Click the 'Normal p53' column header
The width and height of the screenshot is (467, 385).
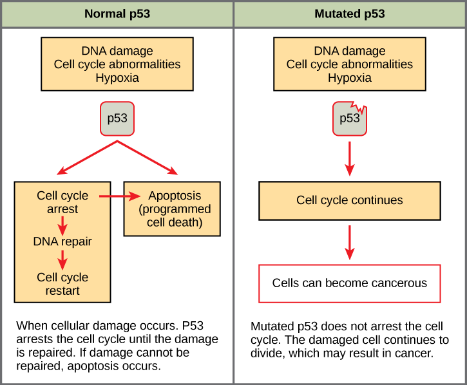click(x=117, y=14)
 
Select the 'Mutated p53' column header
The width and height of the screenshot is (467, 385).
click(x=350, y=14)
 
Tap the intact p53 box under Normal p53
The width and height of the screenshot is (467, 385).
click(x=117, y=118)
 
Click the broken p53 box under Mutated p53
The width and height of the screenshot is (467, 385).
click(x=349, y=118)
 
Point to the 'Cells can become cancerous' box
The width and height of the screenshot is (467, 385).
click(x=350, y=283)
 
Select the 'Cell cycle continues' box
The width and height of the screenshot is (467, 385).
click(x=350, y=200)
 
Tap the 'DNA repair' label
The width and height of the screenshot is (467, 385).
click(x=62, y=242)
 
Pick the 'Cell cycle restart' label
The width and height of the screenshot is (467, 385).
click(x=62, y=284)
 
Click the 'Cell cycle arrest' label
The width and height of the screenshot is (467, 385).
click(x=62, y=202)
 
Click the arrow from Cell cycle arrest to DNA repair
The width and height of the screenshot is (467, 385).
click(x=62, y=224)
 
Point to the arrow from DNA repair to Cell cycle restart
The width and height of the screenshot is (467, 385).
click(x=62, y=260)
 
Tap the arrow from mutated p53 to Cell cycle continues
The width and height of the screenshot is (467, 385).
click(x=350, y=157)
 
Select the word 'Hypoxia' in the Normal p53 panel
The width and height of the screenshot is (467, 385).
click(x=117, y=78)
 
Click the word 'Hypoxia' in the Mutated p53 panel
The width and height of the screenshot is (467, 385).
click(x=350, y=78)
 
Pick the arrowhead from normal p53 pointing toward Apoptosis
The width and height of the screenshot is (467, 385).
click(x=171, y=171)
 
